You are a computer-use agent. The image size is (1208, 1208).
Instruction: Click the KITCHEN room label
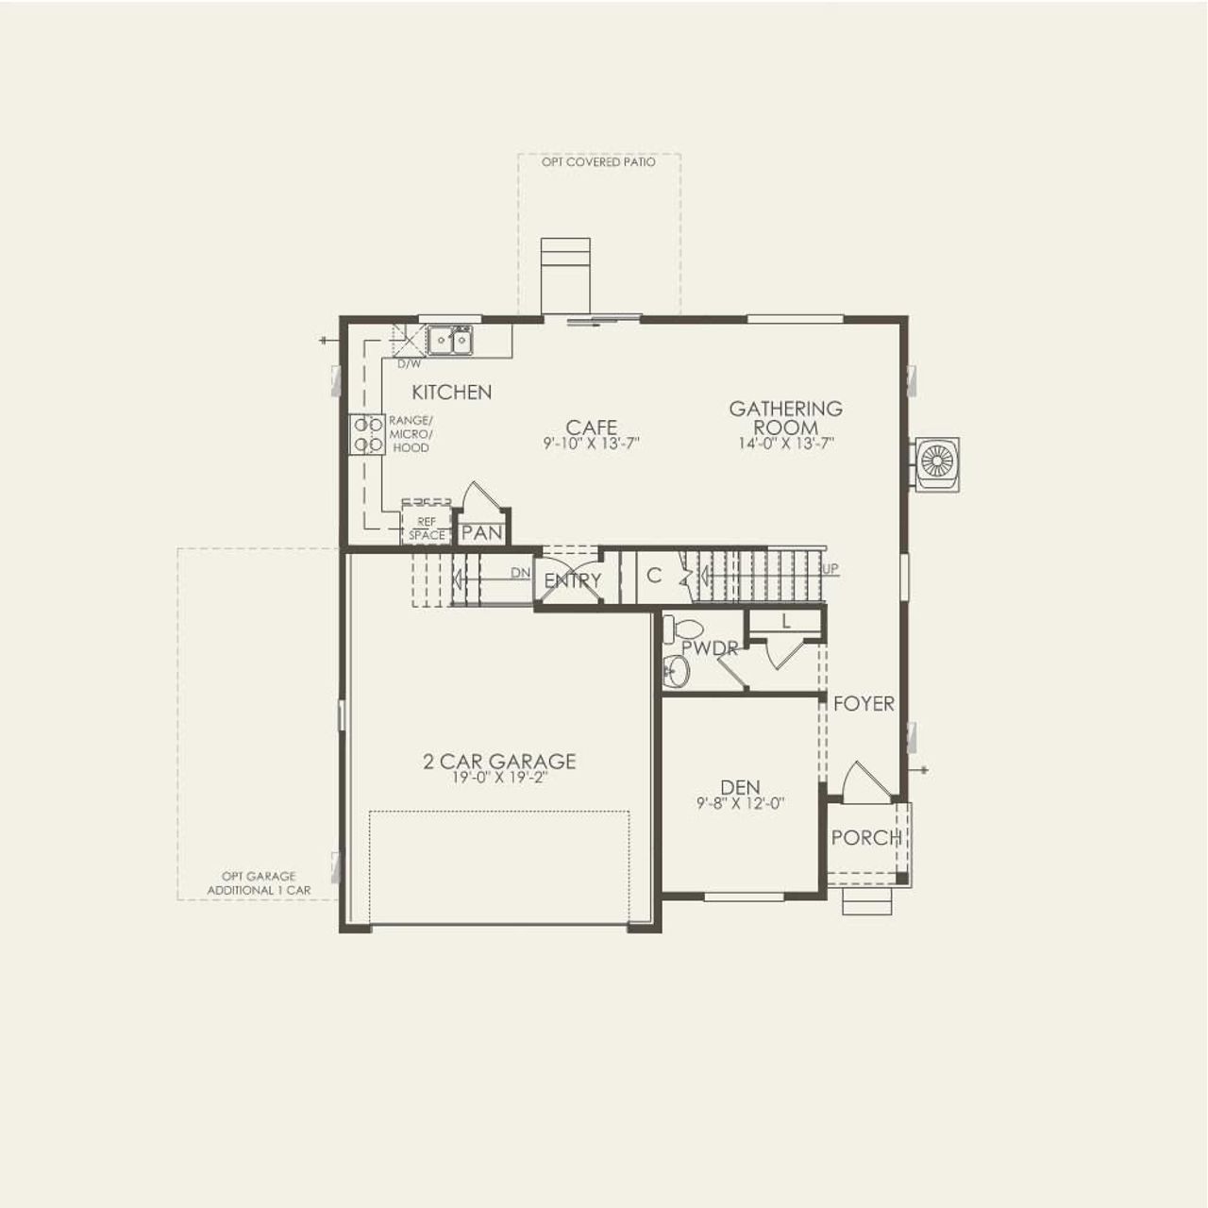[451, 392]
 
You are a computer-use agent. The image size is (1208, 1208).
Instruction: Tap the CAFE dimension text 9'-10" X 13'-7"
[592, 443]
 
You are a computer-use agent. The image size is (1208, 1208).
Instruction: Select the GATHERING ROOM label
[785, 417]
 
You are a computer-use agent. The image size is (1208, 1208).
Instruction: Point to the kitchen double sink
[449, 340]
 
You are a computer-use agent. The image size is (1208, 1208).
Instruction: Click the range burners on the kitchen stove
[367, 435]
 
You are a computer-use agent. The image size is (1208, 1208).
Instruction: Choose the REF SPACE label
[427, 528]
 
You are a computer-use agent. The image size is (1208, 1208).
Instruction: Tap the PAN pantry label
[482, 533]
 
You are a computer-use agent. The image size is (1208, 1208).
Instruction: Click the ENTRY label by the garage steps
[572, 581]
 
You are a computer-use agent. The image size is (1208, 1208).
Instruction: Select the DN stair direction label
[520, 573]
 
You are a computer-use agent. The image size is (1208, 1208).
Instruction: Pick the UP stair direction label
[830, 569]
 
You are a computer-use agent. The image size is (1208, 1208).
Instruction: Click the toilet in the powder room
[684, 628]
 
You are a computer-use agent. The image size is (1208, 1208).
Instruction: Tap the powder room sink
[676, 671]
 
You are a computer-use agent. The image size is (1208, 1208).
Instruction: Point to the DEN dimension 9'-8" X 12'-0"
[741, 804]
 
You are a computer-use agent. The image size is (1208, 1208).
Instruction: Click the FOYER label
[864, 704]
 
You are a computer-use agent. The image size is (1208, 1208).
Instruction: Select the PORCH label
[865, 837]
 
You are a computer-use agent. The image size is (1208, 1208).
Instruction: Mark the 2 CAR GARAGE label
[499, 762]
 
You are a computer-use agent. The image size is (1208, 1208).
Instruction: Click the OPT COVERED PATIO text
[598, 162]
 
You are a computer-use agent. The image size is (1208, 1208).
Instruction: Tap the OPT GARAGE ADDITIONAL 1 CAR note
[259, 883]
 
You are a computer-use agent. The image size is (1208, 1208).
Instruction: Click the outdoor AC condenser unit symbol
[937, 462]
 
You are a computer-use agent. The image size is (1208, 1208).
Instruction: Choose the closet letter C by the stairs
[653, 576]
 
